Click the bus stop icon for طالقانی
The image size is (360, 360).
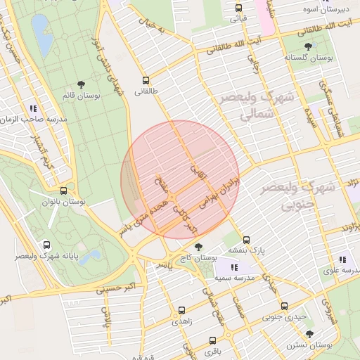click(x=146, y=80)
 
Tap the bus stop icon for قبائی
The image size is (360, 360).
click(x=238, y=8)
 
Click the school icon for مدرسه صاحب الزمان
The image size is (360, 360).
click(x=33, y=108)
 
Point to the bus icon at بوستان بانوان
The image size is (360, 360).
click(x=64, y=191)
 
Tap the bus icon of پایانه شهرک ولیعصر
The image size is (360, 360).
click(x=46, y=245)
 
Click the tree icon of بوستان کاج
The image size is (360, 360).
click(x=200, y=247)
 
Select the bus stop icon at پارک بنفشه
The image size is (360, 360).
click(x=246, y=239)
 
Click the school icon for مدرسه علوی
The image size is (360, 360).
click(x=342, y=259)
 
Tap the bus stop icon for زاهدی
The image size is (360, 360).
click(x=182, y=309)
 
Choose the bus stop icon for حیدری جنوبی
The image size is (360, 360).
click(x=284, y=306)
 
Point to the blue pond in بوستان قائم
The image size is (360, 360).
click(x=41, y=35)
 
